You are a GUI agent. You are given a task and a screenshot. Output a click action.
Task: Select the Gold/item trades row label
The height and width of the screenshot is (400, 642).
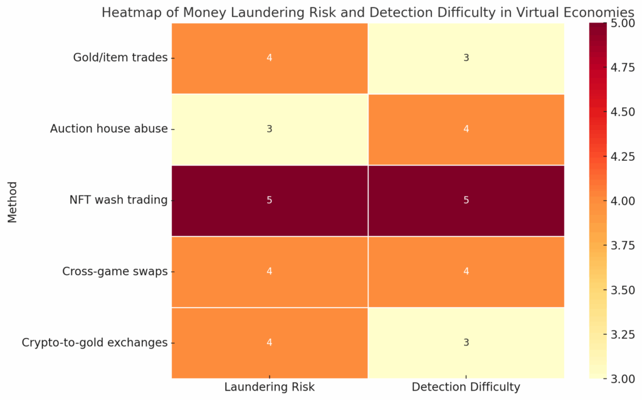tap(120, 58)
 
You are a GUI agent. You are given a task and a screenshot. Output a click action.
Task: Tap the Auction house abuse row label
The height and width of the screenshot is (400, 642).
tap(109, 129)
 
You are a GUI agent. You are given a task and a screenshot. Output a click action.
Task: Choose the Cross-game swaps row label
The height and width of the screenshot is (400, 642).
tap(115, 272)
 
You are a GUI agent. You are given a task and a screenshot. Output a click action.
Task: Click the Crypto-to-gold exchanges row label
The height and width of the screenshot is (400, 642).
tap(95, 343)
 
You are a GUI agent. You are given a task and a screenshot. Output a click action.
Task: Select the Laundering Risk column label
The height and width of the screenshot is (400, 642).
tap(269, 387)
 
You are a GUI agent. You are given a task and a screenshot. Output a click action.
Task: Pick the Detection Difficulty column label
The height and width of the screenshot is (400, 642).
tap(466, 387)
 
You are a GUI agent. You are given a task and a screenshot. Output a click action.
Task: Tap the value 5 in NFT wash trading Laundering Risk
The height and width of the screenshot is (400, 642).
tap(269, 200)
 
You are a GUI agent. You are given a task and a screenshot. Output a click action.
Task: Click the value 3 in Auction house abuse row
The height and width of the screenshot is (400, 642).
tap(269, 129)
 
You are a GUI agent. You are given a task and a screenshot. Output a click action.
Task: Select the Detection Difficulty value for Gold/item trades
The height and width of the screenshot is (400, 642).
tap(466, 58)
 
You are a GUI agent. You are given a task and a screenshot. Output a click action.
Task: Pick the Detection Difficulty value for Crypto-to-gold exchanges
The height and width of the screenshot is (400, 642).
tap(466, 343)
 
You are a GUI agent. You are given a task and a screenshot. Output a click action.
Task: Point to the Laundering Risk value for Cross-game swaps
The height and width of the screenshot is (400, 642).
tap(269, 272)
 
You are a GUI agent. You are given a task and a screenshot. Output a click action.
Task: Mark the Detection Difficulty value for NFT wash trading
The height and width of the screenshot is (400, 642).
tap(466, 200)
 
